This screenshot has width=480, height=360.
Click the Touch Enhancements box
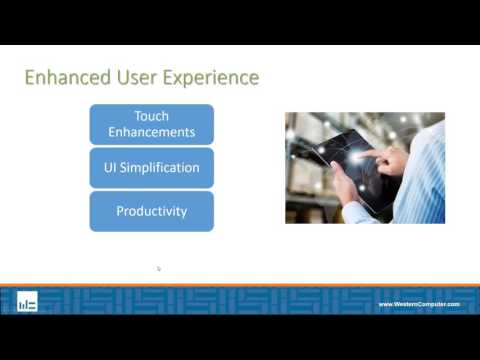click(151, 124)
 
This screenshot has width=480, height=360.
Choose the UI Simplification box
click(151, 168)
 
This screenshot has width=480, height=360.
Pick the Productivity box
click(151, 211)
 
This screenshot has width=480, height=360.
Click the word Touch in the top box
click(151, 116)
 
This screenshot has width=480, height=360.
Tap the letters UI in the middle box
click(111, 168)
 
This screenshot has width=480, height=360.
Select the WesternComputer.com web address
click(418, 304)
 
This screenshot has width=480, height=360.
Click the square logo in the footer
click(27, 302)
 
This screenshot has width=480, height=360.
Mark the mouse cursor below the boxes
click(158, 268)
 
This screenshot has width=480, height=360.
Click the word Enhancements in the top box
click(151, 132)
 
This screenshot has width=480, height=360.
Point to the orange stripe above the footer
click(240, 287)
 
